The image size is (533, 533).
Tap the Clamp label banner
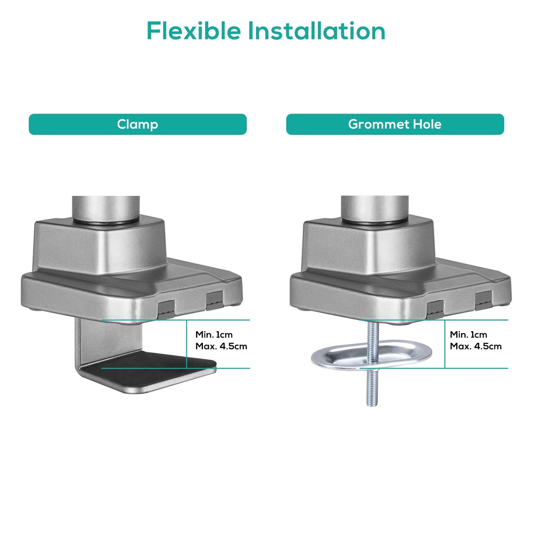pyautogui.click(x=138, y=124)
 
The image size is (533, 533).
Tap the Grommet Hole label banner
pyautogui.click(x=395, y=124)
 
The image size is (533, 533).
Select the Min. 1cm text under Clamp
pyautogui.click(x=214, y=335)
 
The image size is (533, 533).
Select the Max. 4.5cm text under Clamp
pyautogui.click(x=221, y=346)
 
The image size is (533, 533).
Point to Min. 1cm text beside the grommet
pyautogui.click(x=468, y=335)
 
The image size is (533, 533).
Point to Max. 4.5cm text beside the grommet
pyautogui.click(x=476, y=346)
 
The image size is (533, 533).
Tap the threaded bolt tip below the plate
pyautogui.click(x=372, y=404)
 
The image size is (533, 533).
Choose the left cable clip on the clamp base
pyautogui.click(x=166, y=309)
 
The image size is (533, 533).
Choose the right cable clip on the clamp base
pyautogui.click(x=215, y=301)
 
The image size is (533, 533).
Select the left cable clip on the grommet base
pyautogui.click(x=435, y=309)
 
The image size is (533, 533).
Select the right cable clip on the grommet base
pyautogui.click(x=484, y=301)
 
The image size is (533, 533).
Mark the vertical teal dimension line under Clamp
pyautogui.click(x=187, y=344)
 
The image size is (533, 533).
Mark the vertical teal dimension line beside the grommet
pyautogui.click(x=445, y=344)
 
